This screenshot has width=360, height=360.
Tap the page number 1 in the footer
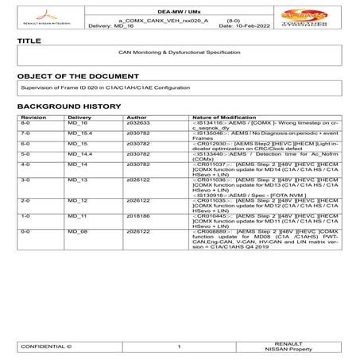click(x=180, y=347)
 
